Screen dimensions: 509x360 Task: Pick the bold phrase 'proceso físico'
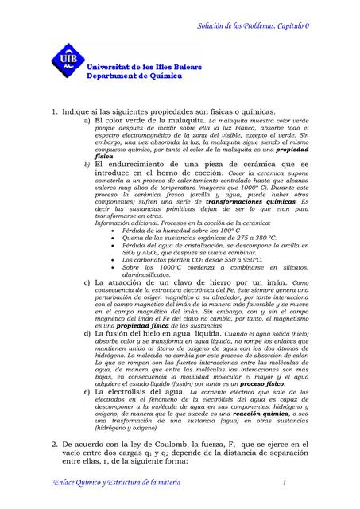263,383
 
